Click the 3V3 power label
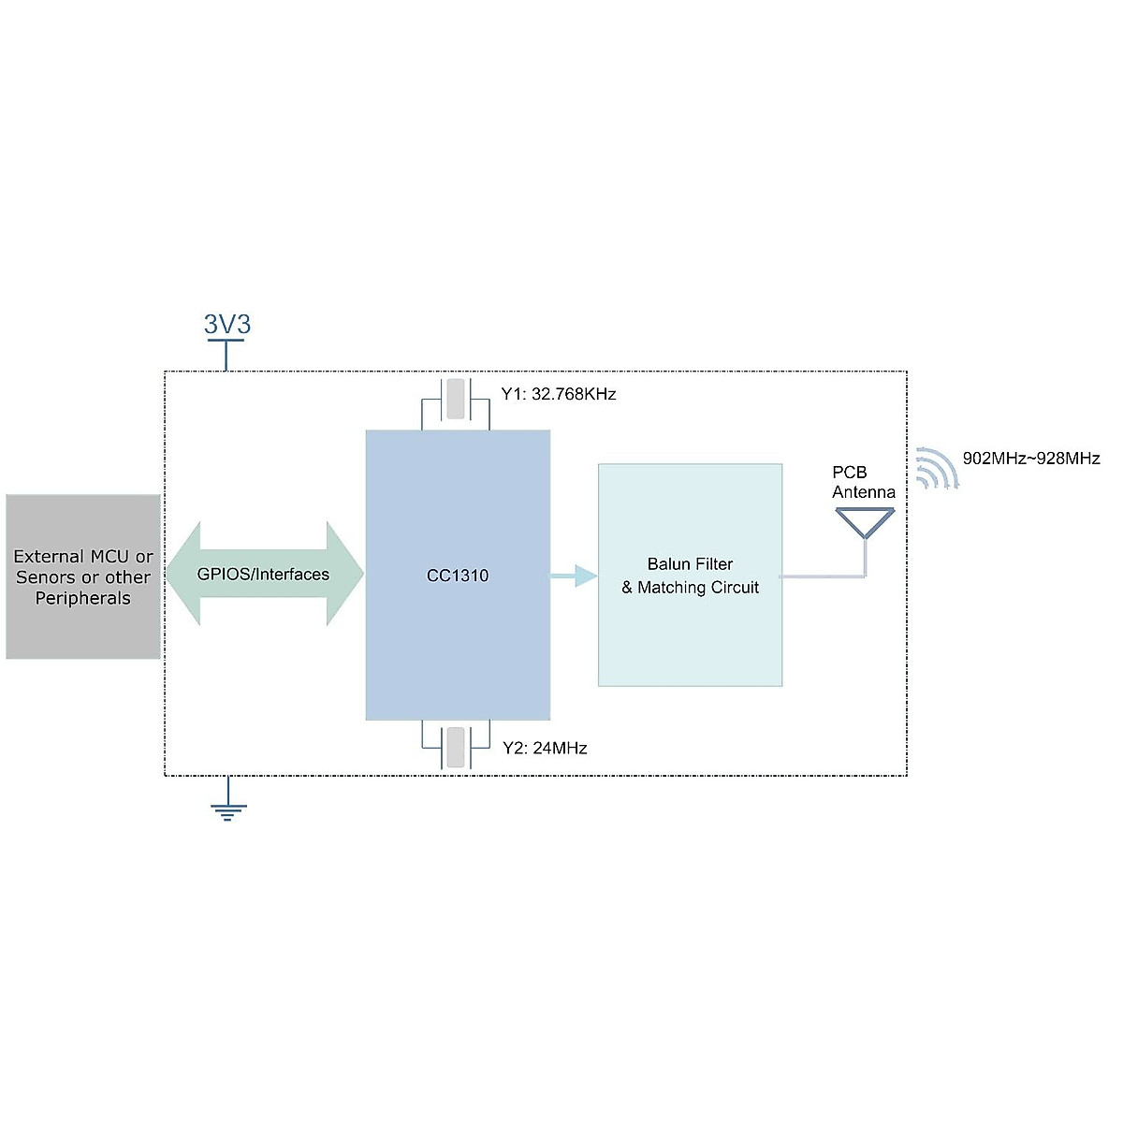[227, 325]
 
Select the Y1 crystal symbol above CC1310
[455, 400]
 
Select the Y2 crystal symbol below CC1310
[455, 748]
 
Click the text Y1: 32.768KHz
[559, 394]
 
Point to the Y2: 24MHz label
[545, 748]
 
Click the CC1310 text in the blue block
[458, 576]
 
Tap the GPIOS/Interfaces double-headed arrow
[263, 574]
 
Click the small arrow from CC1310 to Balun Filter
[573, 576]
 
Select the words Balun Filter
[690, 564]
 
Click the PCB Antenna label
[863, 482]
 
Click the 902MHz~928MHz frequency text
[1031, 459]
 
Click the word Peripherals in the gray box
[83, 599]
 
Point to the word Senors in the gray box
[43, 577]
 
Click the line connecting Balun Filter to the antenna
[822, 576]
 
